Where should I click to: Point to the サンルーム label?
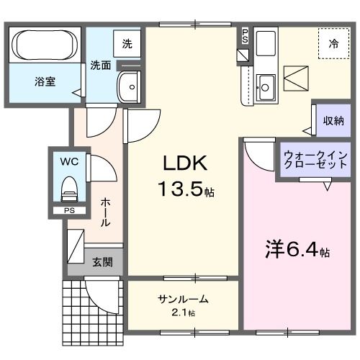coord(184,298)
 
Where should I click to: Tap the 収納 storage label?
coord(333,120)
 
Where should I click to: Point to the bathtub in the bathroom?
coord(45,45)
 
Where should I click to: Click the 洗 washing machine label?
coord(127,43)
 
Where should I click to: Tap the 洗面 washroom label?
coord(100,65)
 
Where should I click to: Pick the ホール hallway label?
coord(105,213)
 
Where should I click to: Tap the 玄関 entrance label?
coord(102,263)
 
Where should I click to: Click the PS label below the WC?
coord(69,210)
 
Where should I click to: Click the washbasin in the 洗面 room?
coord(130,86)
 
